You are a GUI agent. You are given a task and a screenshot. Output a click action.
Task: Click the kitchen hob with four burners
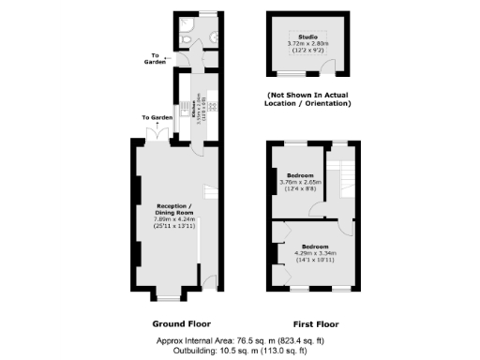[x=211, y=105]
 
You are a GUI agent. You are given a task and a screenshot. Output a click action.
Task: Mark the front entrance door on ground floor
[x=212, y=280]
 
